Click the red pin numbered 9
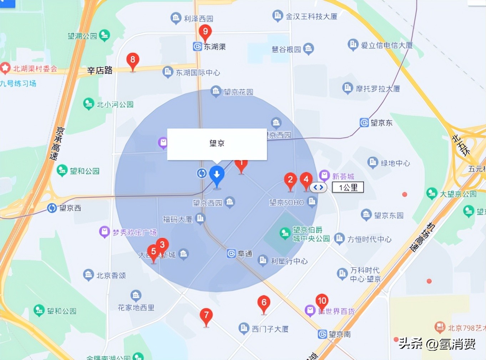click(205, 32)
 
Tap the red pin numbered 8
click(133, 60)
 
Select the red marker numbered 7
click(206, 315)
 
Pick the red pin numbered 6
click(264, 303)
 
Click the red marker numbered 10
click(322, 301)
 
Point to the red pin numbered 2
click(290, 180)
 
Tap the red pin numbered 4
click(306, 180)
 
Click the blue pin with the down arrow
click(217, 175)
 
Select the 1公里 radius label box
click(348, 187)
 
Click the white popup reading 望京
click(217, 144)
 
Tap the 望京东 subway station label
click(381, 123)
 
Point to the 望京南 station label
click(339, 334)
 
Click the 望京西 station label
click(70, 208)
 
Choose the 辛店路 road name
click(100, 70)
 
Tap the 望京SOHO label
click(287, 202)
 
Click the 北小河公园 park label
click(115, 104)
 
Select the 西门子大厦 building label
click(270, 329)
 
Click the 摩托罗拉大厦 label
click(378, 89)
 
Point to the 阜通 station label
click(245, 254)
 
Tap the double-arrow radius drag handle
click(318, 187)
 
